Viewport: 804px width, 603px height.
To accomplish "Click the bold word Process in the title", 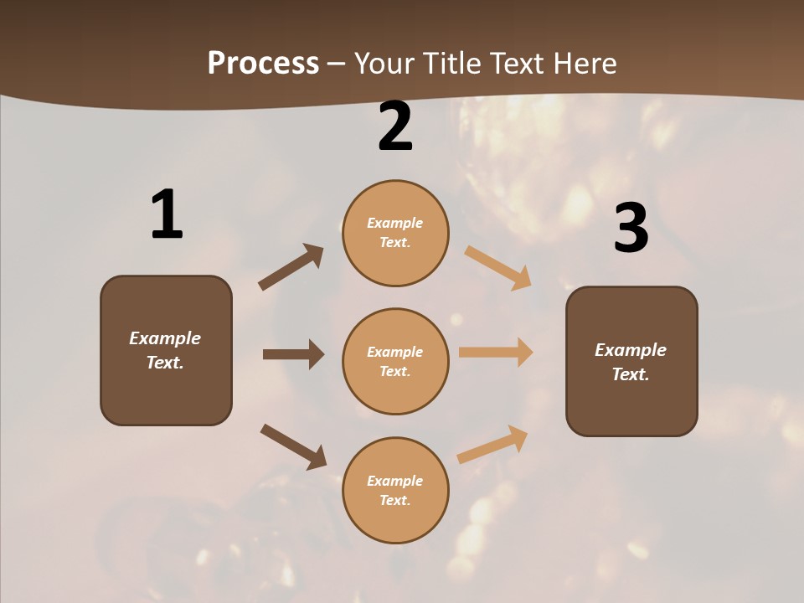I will (x=263, y=64).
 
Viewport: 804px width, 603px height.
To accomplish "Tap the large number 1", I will (x=167, y=215).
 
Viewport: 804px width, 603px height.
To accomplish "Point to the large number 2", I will (x=395, y=126).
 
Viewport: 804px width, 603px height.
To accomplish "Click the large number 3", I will (x=631, y=229).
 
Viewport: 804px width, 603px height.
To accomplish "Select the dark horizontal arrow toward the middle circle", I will (x=293, y=354).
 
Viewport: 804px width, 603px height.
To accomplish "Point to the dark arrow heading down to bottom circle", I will (x=293, y=446).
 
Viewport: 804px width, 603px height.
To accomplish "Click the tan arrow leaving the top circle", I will (x=497, y=267).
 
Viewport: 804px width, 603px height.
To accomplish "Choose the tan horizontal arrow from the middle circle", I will (x=496, y=353).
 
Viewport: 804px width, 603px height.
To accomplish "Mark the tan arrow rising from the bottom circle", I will (x=492, y=444).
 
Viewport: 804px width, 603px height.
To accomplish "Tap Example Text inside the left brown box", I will (x=165, y=350).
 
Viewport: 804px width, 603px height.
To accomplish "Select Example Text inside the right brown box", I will (x=631, y=362).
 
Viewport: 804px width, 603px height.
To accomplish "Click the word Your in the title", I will (x=382, y=64).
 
